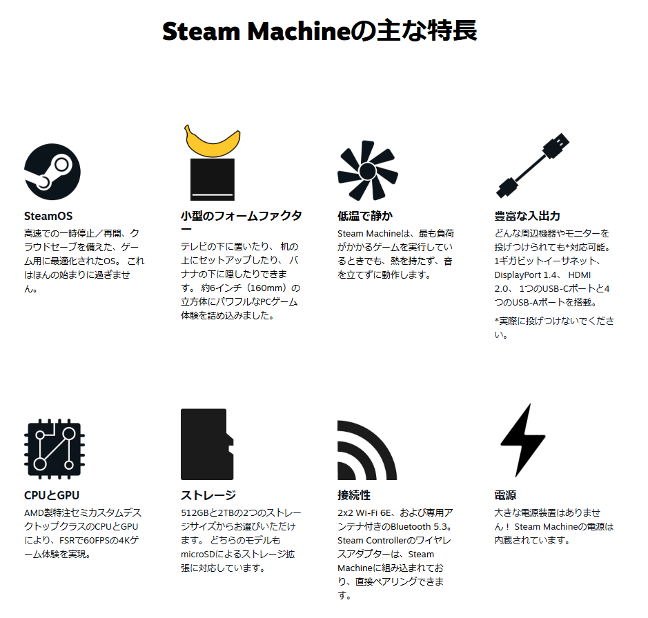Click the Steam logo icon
point(52,172)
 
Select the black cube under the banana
point(212,179)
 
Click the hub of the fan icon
point(367,170)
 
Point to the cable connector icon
point(532,166)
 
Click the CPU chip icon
point(55,449)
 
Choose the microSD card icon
point(207,444)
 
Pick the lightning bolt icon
point(523,440)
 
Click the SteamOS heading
point(48,216)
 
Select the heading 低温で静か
point(365,216)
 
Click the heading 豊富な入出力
point(527,216)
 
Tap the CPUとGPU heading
point(52,495)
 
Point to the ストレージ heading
point(208,495)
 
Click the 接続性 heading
point(354,495)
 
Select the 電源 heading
point(505,495)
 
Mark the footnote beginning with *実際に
point(553,328)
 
